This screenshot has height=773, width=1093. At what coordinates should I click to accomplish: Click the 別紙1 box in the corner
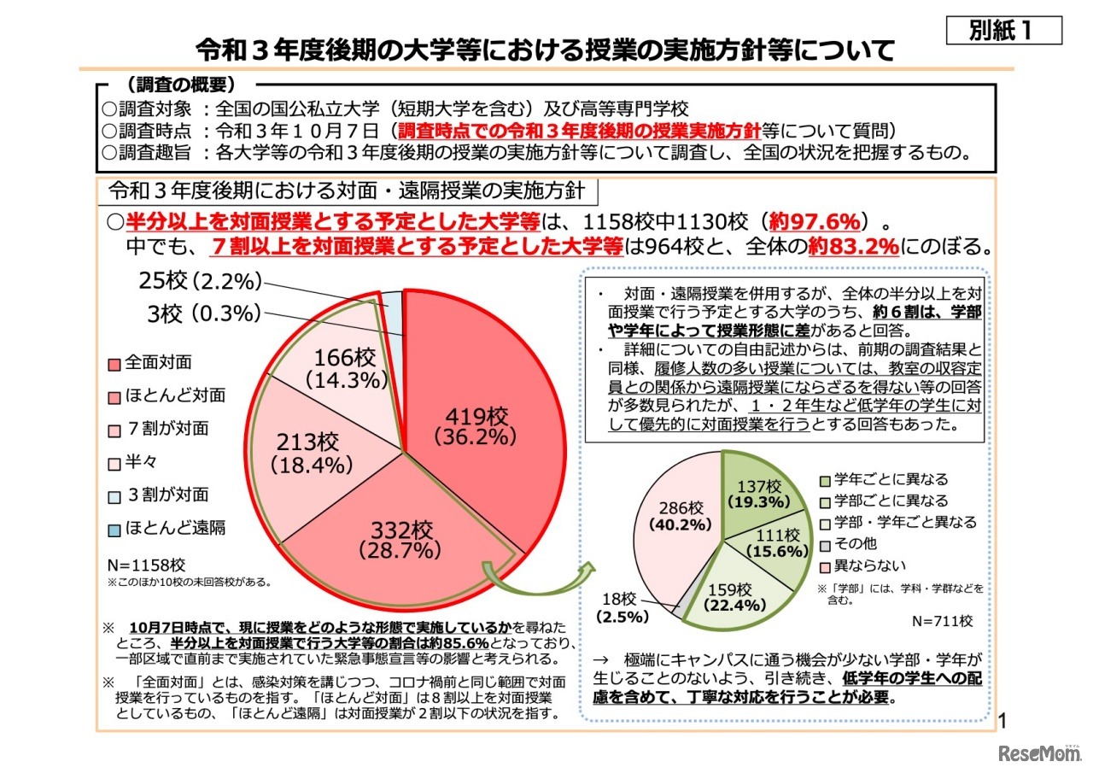tap(1003, 30)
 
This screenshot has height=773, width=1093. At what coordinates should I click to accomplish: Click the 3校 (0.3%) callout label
tap(202, 313)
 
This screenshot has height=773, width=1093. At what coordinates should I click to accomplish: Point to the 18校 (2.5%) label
tap(622, 607)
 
